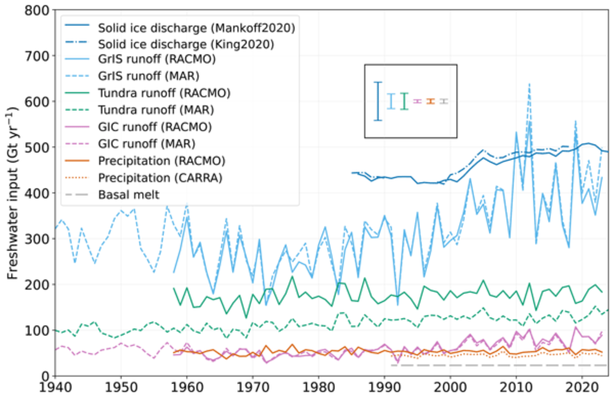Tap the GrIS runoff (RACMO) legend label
(x=157, y=59)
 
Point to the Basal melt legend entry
(x=129, y=195)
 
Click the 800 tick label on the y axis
(x=37, y=11)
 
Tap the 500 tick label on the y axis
(x=37, y=148)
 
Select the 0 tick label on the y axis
(x=45, y=376)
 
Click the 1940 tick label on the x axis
(x=56, y=387)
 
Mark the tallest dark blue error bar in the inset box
(x=378, y=101)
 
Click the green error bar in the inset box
(x=404, y=101)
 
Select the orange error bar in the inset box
(x=431, y=101)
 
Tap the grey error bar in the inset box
(x=444, y=101)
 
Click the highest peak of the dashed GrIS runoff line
(x=529, y=84)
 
